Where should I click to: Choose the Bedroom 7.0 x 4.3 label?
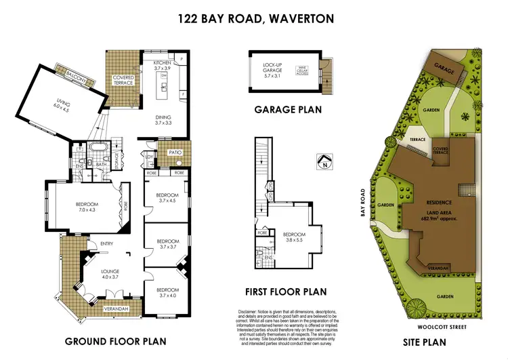pyautogui.click(x=87, y=207)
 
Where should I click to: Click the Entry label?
pyautogui.click(x=107, y=244)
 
